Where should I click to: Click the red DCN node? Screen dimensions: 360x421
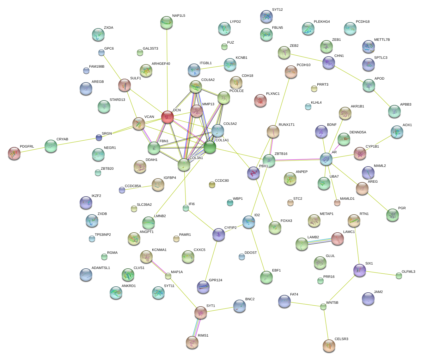[x=168, y=117]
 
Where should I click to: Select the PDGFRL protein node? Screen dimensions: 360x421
[x=14, y=153]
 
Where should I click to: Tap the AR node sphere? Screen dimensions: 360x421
[x=326, y=159]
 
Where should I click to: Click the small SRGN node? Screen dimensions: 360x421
[x=99, y=137]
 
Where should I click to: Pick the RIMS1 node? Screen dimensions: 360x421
[x=192, y=342]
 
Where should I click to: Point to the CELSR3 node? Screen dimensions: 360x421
[x=329, y=345]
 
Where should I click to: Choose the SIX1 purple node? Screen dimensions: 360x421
[x=359, y=270]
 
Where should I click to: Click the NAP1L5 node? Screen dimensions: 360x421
[x=167, y=22]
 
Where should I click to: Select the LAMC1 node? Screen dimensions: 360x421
[x=338, y=239]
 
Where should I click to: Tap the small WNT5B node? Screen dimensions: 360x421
[x=323, y=307]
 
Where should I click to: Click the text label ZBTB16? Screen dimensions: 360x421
[x=281, y=154]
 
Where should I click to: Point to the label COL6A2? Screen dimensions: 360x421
[x=208, y=80]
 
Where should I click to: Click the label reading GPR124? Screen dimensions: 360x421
[x=215, y=280]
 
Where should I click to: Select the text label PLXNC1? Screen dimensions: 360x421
[x=272, y=94]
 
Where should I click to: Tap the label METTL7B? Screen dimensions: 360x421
[x=382, y=40]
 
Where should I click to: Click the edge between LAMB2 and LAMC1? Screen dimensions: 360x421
[x=320, y=241]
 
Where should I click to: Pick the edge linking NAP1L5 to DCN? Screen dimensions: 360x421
[x=167, y=70]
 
